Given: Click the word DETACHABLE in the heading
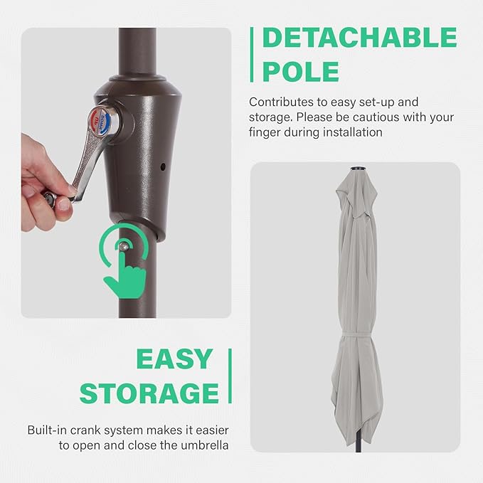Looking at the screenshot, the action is (x=359, y=38).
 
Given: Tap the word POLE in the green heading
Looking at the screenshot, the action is (x=301, y=71).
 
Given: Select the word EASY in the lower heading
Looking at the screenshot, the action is (x=174, y=359).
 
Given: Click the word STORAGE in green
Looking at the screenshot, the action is (x=149, y=393).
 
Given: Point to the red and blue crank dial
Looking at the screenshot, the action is (x=101, y=122).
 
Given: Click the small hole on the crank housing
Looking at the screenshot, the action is (x=163, y=167).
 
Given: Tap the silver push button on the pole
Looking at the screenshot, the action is (x=124, y=246).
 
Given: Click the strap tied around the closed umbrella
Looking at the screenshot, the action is (x=357, y=335).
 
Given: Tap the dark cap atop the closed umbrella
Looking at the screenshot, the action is (x=358, y=168).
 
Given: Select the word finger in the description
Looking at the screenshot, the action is (x=264, y=132).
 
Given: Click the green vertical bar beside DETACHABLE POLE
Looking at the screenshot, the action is (x=252, y=55).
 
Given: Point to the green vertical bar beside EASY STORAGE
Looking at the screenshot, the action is (x=230, y=376).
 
